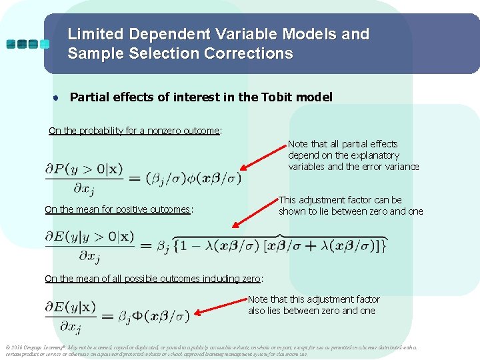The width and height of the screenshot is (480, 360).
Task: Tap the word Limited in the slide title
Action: (95, 34)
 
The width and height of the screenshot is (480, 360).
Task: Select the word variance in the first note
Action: (400, 167)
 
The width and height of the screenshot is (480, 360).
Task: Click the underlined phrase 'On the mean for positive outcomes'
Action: (117, 209)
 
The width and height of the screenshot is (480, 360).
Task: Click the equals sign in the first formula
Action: (134, 178)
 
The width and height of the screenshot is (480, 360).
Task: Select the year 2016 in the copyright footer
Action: (17, 347)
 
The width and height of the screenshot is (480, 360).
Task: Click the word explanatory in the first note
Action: (375, 155)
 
